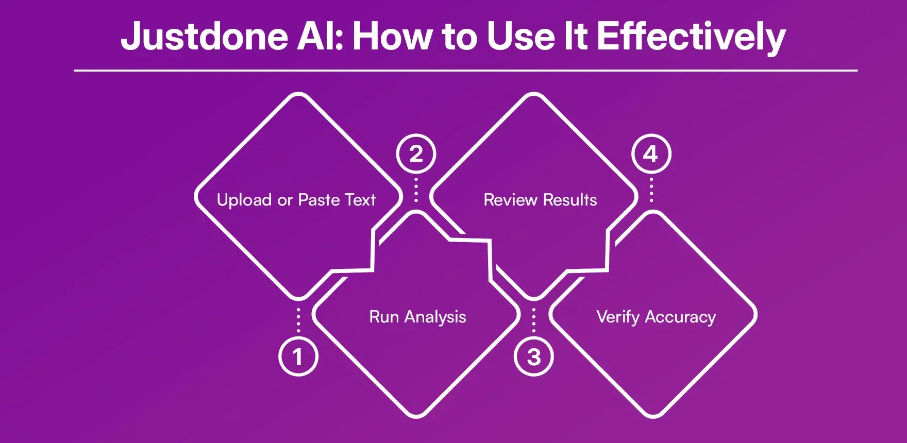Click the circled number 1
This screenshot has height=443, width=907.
[x=298, y=356]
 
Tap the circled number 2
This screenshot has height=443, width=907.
[x=416, y=154]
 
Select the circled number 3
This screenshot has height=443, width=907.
[x=534, y=356]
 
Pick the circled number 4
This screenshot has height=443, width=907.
[x=651, y=154]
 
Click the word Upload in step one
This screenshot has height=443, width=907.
[x=244, y=200]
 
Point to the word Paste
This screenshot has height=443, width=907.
[x=318, y=200]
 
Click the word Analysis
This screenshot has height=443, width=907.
[x=435, y=317]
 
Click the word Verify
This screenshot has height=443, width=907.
[x=617, y=317]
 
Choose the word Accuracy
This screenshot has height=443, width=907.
[x=680, y=317]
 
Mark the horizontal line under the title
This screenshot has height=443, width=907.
[x=465, y=70]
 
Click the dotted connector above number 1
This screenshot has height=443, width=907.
[x=298, y=320]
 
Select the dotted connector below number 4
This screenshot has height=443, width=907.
[x=651, y=190]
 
